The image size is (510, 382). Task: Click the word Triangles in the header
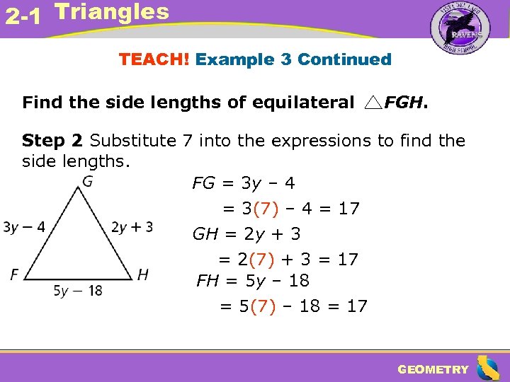point(112,12)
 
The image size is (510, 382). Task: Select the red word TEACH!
point(154,59)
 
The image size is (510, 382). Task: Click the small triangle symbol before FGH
point(373,103)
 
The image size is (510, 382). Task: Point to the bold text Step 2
point(53,140)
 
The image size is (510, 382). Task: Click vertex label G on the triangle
point(87,182)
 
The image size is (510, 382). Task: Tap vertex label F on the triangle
point(14,274)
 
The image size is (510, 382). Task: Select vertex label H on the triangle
point(142,274)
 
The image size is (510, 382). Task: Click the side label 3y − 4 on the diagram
point(24,227)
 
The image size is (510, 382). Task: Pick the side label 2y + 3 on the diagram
point(132,227)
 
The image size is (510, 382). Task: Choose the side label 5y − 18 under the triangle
point(78,290)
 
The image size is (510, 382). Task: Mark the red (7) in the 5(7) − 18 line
point(263,306)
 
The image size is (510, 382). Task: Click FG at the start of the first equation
point(203,184)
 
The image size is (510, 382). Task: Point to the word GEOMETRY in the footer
point(433,369)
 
